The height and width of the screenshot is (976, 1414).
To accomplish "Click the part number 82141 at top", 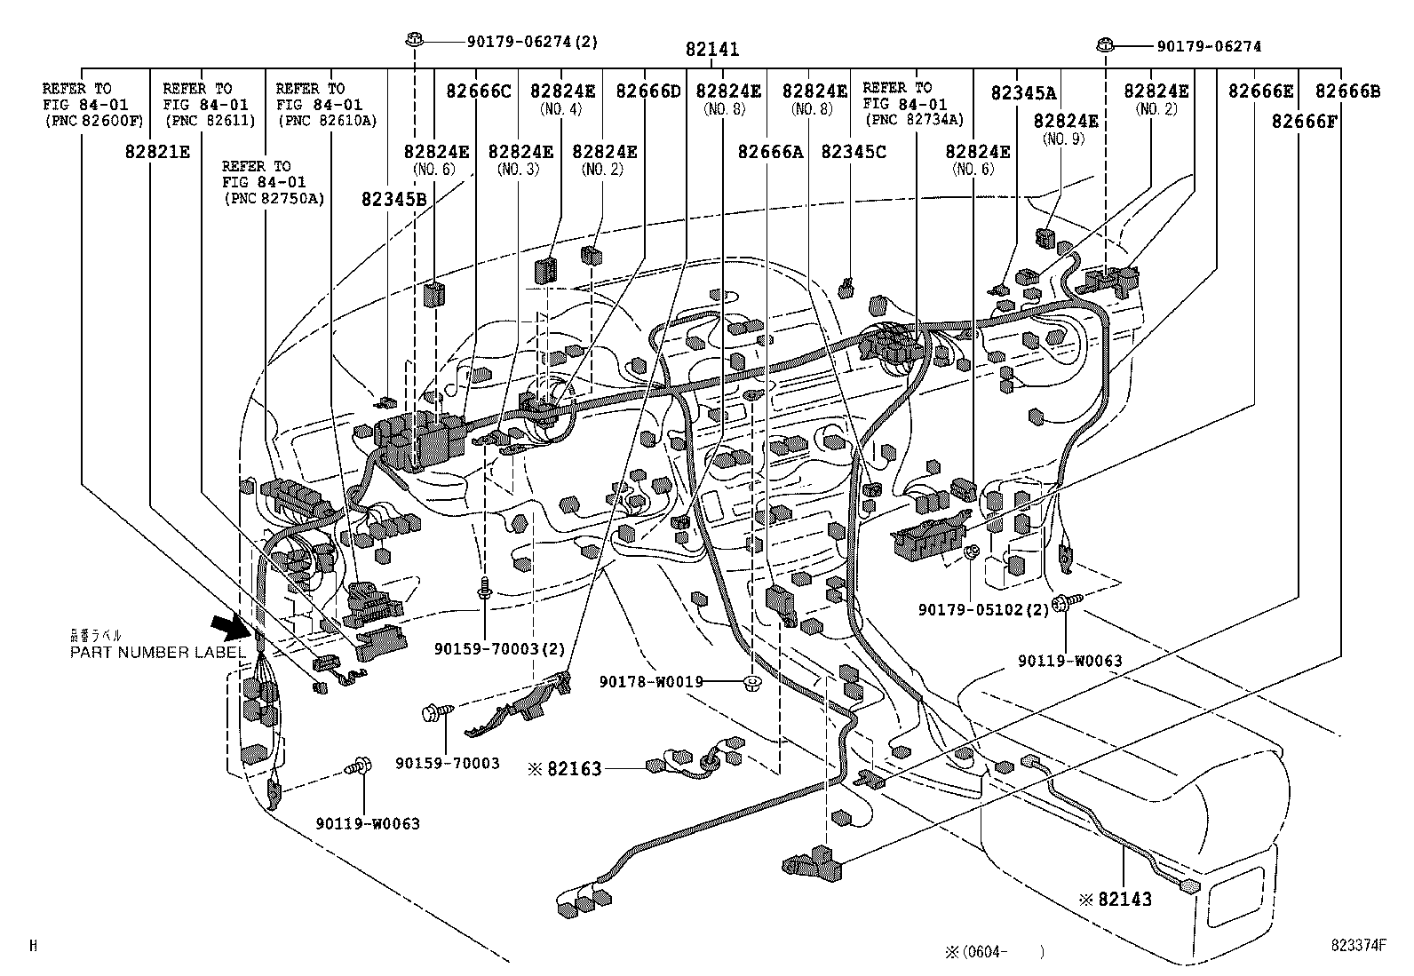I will coord(711,51).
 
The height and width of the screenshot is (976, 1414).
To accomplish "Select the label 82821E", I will coord(157,152).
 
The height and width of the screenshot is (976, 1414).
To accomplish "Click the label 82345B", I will coord(393,200).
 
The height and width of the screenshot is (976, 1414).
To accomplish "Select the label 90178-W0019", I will coord(651,682).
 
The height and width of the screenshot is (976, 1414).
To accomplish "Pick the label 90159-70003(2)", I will coord(499,649).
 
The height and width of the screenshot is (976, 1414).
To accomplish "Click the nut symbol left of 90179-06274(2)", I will coord(414,40).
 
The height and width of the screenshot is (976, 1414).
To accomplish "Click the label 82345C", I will coord(853,152).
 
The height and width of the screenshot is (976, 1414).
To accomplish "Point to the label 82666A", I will coord(770,152).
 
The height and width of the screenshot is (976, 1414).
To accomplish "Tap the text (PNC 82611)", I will coord(209,121).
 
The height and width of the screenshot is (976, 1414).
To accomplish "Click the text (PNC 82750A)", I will coord(274,198).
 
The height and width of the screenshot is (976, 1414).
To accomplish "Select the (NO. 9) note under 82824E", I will coord(1064,139).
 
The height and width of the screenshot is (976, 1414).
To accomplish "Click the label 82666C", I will coord(479,91).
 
